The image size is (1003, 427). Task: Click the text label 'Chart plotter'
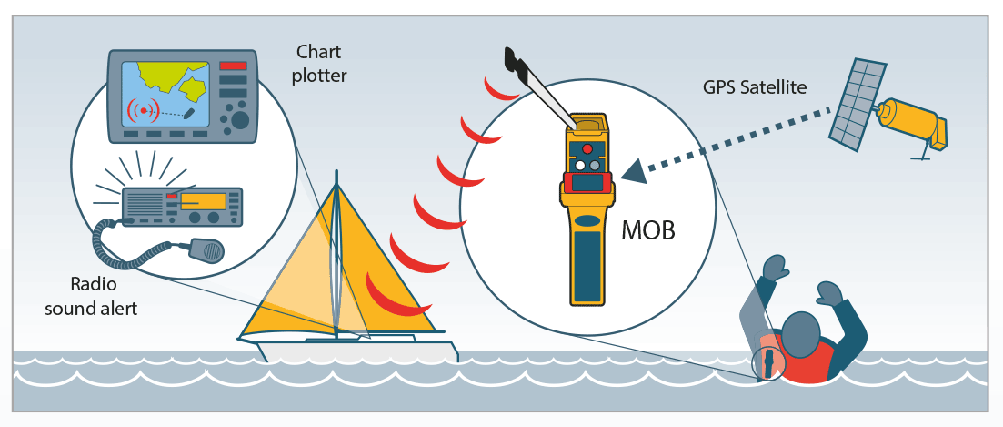[x=319, y=64]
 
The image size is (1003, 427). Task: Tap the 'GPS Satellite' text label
[x=755, y=87]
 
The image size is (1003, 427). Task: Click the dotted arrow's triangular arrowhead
[x=637, y=169]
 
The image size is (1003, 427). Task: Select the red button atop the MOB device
[x=587, y=148]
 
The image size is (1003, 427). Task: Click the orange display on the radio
[x=202, y=201]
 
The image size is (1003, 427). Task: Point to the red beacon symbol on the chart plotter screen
[x=145, y=110]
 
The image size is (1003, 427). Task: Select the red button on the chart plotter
[x=233, y=66]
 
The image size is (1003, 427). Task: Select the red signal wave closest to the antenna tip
[x=497, y=87]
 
